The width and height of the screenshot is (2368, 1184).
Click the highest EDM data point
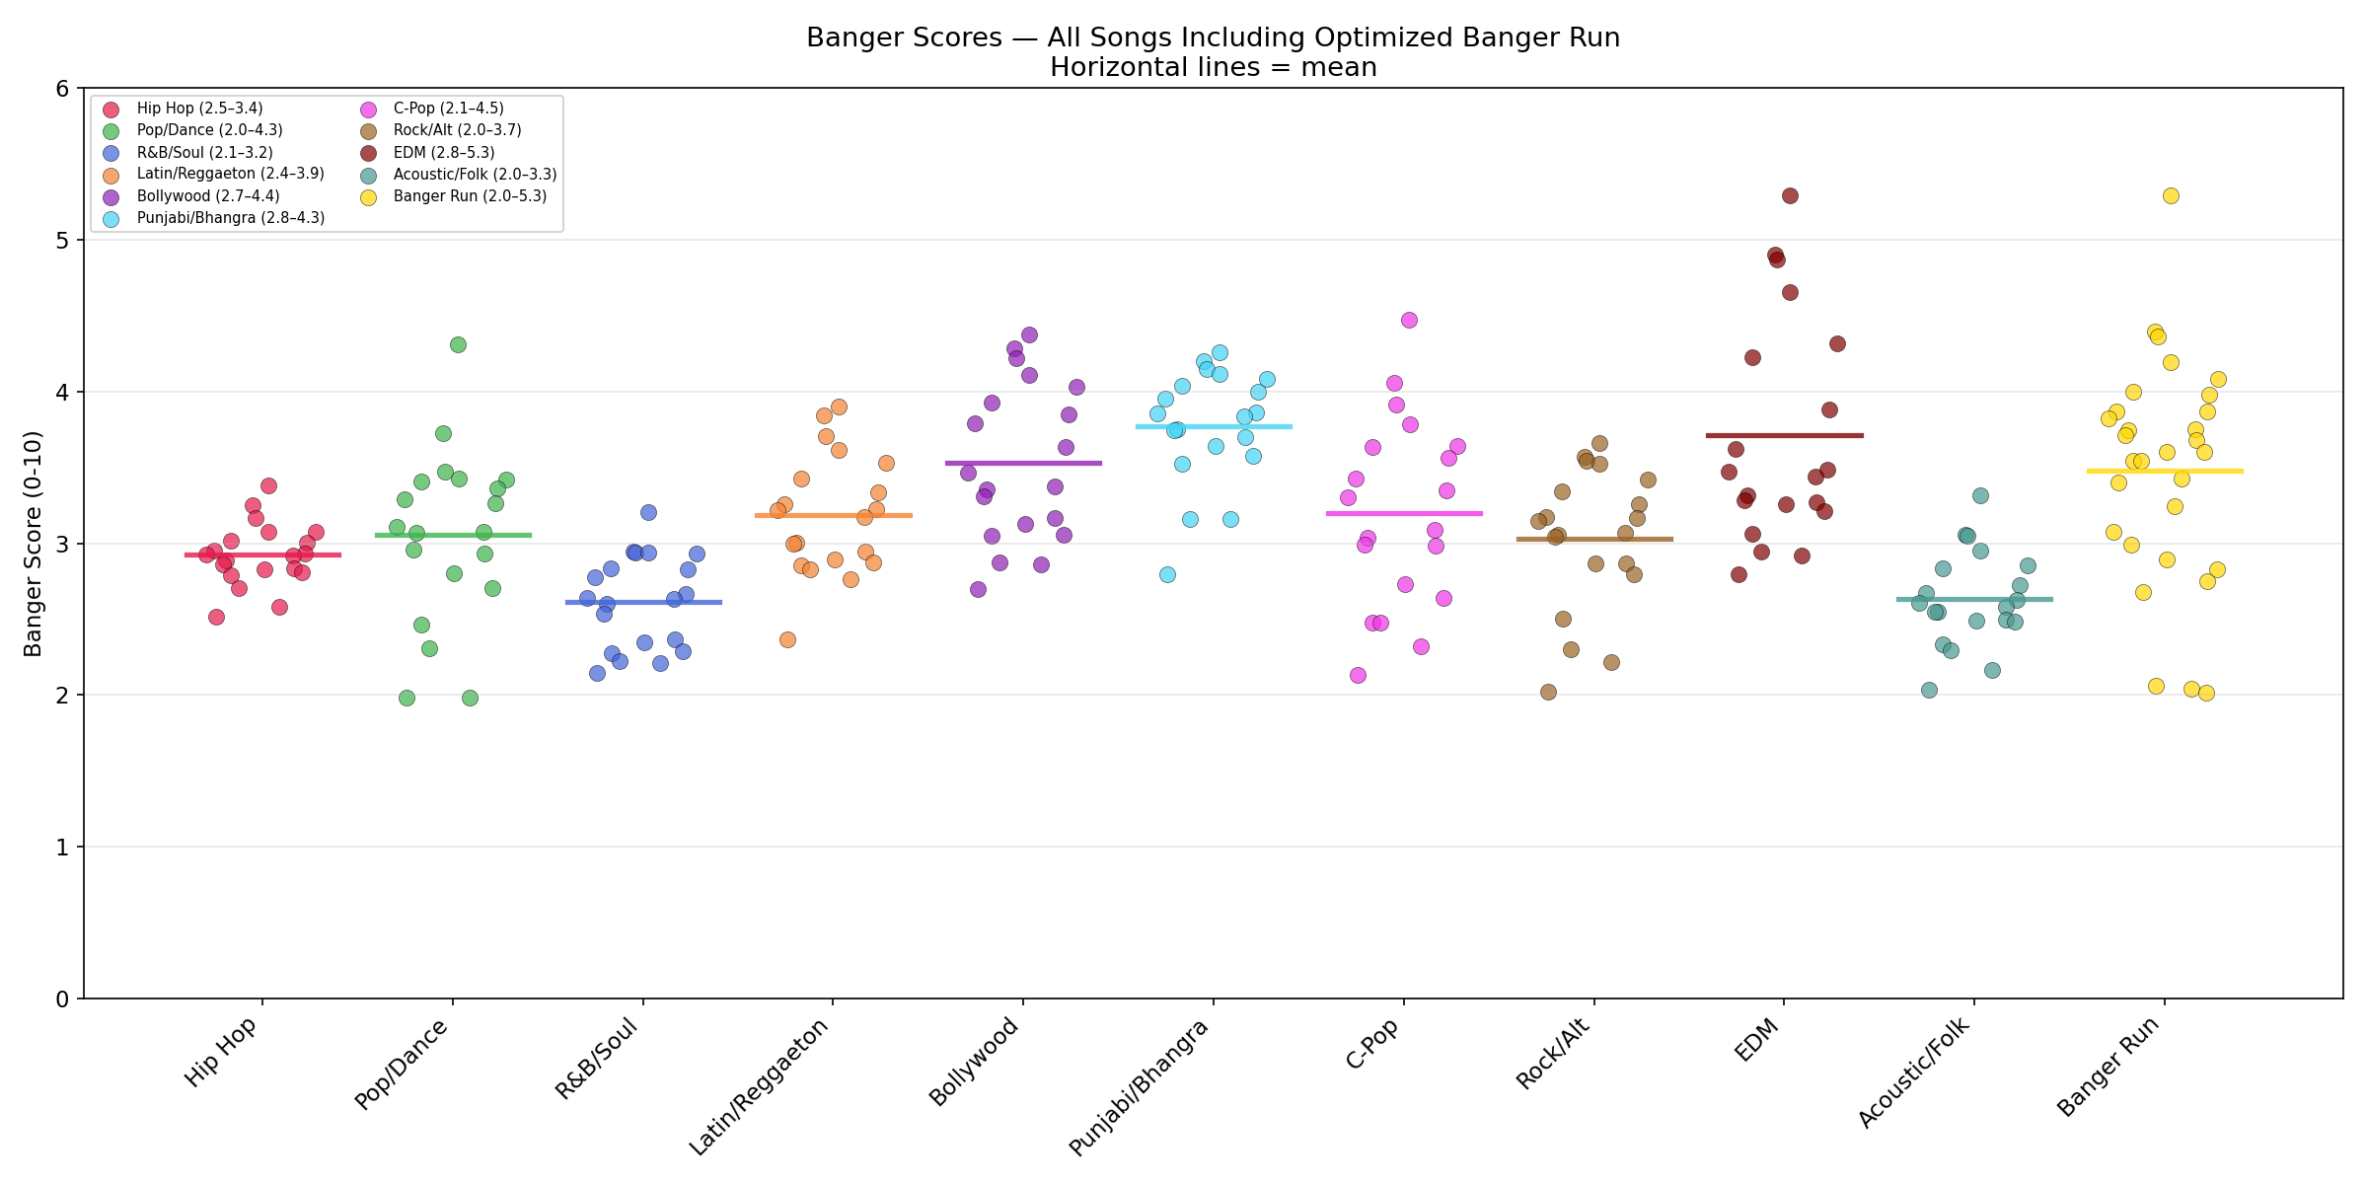[x=1790, y=195]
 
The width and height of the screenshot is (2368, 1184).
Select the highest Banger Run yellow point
[x=2171, y=195]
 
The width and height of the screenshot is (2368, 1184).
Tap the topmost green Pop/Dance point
[x=458, y=344]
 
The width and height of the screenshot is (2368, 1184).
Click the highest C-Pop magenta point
[x=1409, y=320]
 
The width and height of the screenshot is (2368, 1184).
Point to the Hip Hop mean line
[x=262, y=555]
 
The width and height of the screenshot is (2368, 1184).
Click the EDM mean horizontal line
[x=1784, y=435]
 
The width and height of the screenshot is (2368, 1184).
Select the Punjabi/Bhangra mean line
[x=1214, y=426]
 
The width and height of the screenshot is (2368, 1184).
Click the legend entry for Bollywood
[x=207, y=196]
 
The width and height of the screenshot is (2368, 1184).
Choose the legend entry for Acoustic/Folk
[x=475, y=175]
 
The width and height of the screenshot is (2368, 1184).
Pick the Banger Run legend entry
[x=470, y=196]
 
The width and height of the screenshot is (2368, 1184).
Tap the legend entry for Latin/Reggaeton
[x=230, y=174]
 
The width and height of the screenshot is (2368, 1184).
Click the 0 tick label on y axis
[x=62, y=999]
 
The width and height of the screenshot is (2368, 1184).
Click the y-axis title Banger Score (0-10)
[x=34, y=544]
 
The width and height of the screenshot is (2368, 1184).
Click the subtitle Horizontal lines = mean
[x=1213, y=67]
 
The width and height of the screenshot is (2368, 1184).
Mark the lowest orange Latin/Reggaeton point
[x=787, y=639]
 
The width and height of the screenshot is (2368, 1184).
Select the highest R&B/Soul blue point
[x=648, y=512]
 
